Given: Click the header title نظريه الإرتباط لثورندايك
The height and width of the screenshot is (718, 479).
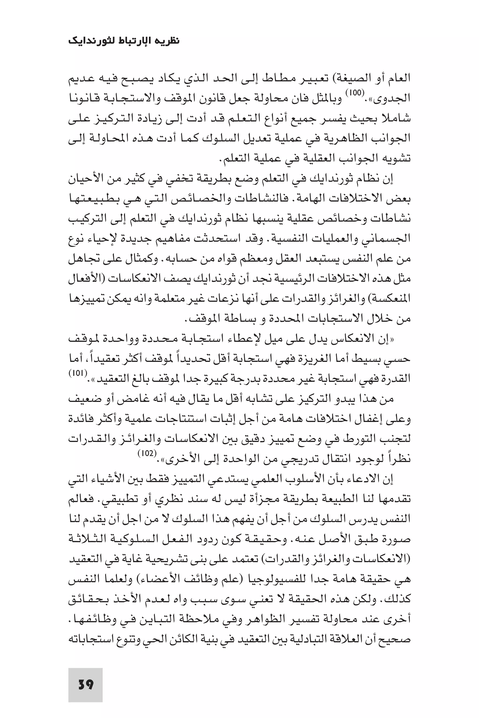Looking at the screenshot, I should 124,41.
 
